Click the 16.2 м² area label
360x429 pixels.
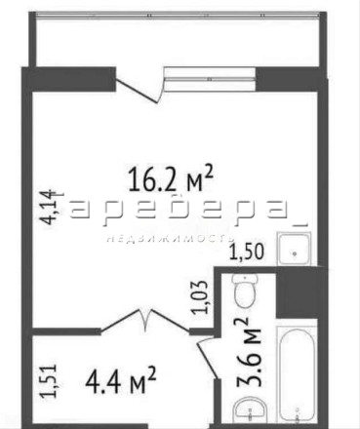click(171, 178)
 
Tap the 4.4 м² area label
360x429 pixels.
click(121, 379)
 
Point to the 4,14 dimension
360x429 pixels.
click(46, 207)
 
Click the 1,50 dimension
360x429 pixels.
click(247, 252)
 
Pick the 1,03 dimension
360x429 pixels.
click(200, 296)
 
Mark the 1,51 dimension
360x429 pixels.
click(49, 381)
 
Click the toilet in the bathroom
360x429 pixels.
click(245, 291)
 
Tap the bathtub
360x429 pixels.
click(297, 375)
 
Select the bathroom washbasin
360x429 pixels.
click(250, 410)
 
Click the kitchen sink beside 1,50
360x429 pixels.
click(294, 248)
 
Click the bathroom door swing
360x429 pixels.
click(208, 358)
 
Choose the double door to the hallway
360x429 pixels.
click(144, 321)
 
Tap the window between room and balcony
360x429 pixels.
click(210, 79)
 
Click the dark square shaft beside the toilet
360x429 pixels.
click(297, 292)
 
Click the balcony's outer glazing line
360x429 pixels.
click(178, 15)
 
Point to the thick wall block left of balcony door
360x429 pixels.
click(69, 79)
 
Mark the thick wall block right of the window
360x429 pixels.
click(291, 79)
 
